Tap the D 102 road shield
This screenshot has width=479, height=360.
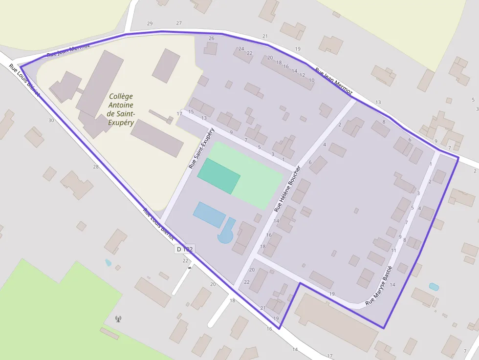(x=185, y=249)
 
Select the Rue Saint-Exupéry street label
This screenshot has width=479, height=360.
(x=201, y=149)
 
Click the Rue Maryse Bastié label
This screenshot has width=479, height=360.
(x=379, y=285)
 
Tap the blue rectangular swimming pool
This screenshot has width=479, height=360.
(x=209, y=215)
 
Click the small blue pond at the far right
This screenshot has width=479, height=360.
(x=434, y=287)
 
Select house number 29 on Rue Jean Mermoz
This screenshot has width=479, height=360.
(x=150, y=23)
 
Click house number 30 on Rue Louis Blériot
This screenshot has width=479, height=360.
(x=51, y=120)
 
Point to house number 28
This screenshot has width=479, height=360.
(x=96, y=167)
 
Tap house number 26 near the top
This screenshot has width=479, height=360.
(x=211, y=38)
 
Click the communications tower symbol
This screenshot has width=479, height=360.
(x=118, y=319)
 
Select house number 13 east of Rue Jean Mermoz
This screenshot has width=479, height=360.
(x=378, y=102)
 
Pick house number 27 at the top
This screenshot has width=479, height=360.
(x=179, y=23)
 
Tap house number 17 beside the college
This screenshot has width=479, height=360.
(x=179, y=114)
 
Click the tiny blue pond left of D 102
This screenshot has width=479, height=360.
(x=108, y=263)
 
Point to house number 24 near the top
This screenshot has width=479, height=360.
(x=241, y=49)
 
